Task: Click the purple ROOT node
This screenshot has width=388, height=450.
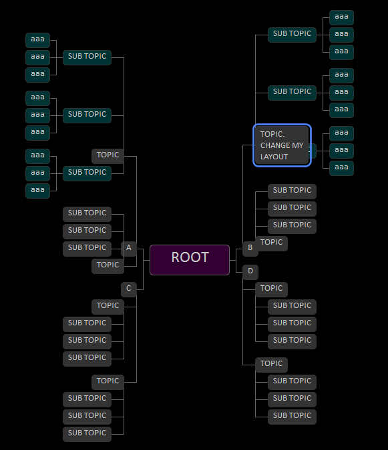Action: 190,259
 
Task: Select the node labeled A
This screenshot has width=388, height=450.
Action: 129,249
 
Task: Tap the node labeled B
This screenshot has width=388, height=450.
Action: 250,249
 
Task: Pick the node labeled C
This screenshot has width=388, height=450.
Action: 129,289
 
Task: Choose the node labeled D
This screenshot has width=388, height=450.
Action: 250,271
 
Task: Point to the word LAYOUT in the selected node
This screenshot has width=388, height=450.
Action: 274,157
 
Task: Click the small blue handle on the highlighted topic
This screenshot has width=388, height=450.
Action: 313,147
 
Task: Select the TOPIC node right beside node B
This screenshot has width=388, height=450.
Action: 272,243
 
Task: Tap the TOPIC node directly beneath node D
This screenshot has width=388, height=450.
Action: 272,289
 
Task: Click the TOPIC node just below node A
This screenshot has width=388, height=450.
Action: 108,265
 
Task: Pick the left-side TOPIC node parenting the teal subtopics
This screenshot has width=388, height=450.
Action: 108,155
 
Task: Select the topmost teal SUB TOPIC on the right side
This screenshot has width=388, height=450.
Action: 292,34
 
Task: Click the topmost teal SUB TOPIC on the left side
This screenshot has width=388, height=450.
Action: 87,57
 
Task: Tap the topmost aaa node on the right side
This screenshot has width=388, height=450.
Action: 341,17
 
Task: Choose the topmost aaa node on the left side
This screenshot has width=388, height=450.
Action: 37,39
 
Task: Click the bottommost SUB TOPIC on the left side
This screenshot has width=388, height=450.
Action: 87,433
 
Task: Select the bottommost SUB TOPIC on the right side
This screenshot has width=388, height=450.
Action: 292,416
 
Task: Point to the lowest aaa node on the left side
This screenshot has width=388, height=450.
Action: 37,190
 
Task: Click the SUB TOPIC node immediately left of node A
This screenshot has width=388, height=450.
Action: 87,248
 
